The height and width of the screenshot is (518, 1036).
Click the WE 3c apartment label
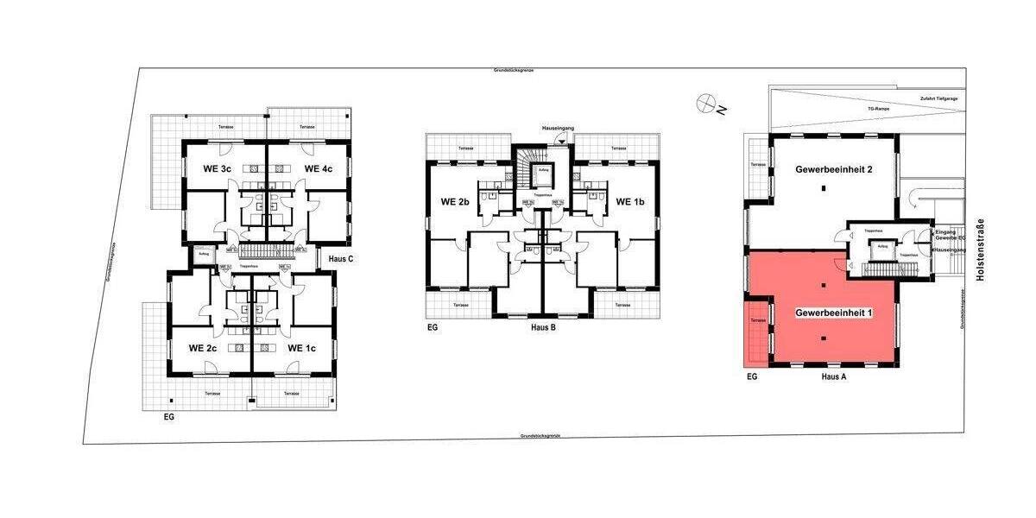click(217, 168)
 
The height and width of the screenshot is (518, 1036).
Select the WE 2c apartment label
click(203, 348)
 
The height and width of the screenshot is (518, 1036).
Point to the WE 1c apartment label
click(301, 348)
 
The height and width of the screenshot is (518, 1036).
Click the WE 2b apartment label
click(454, 202)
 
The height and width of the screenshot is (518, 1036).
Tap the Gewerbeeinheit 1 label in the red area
click(833, 312)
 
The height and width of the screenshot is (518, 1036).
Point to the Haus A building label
click(833, 377)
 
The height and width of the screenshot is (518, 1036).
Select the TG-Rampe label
click(878, 110)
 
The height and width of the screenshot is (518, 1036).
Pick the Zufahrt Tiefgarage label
click(939, 98)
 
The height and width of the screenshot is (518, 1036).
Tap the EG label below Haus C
click(169, 416)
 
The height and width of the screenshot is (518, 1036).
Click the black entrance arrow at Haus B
click(563, 140)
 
